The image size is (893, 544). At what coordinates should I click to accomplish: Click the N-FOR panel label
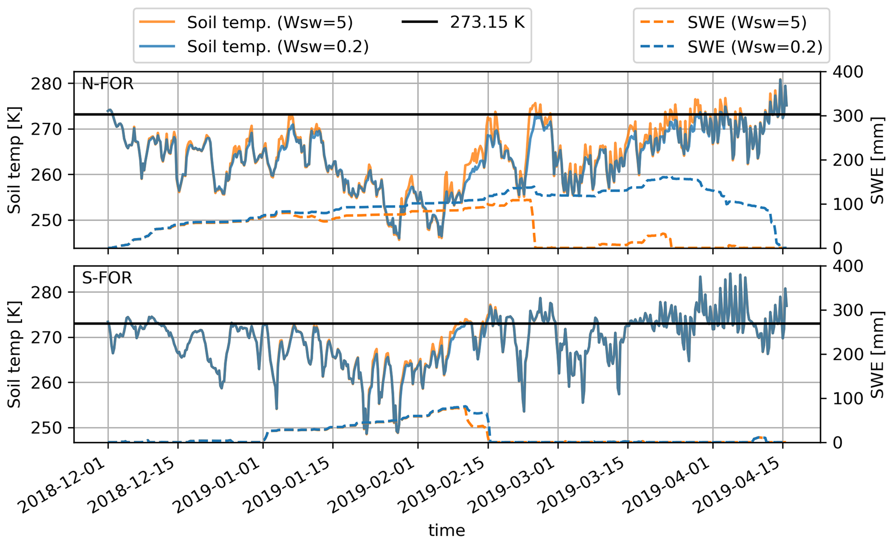click(x=108, y=83)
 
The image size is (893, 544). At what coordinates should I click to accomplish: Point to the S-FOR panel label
click(x=107, y=278)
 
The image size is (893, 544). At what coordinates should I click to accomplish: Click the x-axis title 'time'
click(x=447, y=530)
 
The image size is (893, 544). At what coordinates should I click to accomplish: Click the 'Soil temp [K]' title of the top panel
click(x=15, y=160)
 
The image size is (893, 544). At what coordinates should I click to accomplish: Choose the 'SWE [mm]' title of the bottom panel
click(x=877, y=354)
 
